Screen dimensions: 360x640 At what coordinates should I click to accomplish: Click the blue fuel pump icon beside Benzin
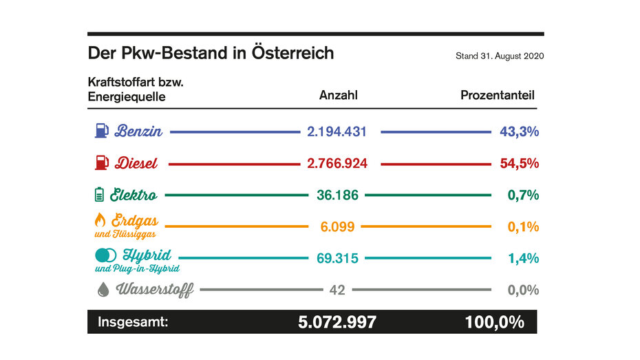pos(101,131)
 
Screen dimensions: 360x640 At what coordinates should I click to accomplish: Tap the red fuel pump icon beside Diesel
pos(101,163)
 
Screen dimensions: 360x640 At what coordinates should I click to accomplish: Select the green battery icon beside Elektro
pos(100,195)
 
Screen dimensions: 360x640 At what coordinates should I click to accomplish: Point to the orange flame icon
pos(100,220)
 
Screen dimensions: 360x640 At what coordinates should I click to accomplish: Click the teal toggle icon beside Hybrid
pos(105,255)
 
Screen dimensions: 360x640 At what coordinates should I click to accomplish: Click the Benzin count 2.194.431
pos(337,131)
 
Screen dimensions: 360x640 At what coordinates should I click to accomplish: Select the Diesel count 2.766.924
pos(337,163)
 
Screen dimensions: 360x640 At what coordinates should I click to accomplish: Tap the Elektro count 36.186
pos(337,195)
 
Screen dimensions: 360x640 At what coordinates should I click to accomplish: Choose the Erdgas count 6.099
pos(337,226)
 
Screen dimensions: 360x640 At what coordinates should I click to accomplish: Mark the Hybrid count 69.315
pos(337,258)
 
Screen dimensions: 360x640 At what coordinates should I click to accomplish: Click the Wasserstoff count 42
pos(337,290)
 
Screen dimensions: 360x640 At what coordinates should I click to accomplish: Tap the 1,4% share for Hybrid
pos(523,258)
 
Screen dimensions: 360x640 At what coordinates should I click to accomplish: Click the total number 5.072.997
pos(337,322)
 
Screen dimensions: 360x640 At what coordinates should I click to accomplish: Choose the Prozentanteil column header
pos(497,96)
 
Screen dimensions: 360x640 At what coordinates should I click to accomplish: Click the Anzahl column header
pos(338,96)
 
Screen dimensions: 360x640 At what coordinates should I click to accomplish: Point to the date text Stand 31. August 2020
pos(500,56)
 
